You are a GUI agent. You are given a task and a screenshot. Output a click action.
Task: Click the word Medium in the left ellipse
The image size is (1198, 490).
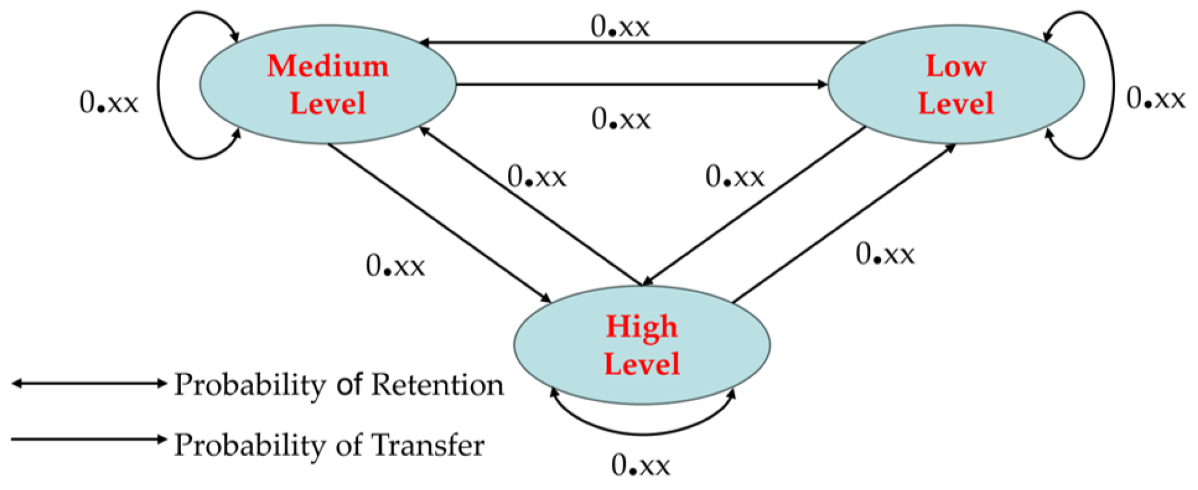[328, 66]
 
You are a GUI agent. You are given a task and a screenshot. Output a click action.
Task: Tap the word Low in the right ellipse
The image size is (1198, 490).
[956, 66]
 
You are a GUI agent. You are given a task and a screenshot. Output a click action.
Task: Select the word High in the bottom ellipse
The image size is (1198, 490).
[641, 326]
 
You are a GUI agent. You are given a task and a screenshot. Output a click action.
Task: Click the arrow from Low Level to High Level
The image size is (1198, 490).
[754, 206]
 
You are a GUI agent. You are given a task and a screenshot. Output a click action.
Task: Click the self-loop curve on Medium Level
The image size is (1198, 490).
[159, 85]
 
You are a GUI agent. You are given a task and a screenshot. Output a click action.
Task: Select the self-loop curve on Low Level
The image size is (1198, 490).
[1113, 85]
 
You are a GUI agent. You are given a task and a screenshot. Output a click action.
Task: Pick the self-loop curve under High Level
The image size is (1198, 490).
[641, 433]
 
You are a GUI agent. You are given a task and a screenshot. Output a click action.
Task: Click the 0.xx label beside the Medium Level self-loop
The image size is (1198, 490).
[109, 103]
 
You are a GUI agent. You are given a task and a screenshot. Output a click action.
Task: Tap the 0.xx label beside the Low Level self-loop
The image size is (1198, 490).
[1155, 99]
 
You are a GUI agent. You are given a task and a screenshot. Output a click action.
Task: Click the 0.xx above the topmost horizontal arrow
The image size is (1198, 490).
[620, 27]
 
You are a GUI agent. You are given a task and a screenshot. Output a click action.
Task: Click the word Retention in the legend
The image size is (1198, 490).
[437, 385]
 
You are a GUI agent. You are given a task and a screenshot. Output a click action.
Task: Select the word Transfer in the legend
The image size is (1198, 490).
[427, 445]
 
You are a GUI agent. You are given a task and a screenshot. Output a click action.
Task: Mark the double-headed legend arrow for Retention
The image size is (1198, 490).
[89, 383]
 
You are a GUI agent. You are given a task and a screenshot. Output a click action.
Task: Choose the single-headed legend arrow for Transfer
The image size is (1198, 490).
[89, 439]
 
